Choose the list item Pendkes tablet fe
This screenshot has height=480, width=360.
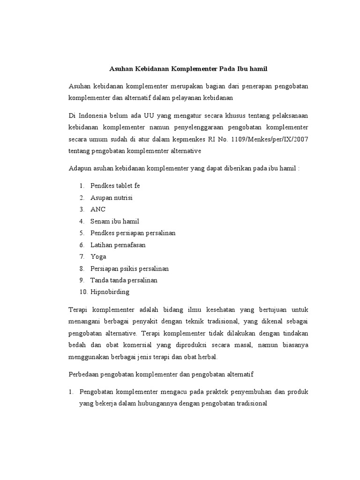[115, 186]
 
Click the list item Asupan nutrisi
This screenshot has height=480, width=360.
[111, 197]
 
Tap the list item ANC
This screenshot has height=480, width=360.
[98, 209]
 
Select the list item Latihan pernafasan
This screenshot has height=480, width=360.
[118, 245]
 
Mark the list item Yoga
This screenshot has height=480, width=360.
[98, 256]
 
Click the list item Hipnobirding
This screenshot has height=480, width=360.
[110, 292]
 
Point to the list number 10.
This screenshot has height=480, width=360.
[83, 292]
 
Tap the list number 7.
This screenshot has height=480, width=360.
[82, 256]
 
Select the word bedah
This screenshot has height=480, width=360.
[77, 345]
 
